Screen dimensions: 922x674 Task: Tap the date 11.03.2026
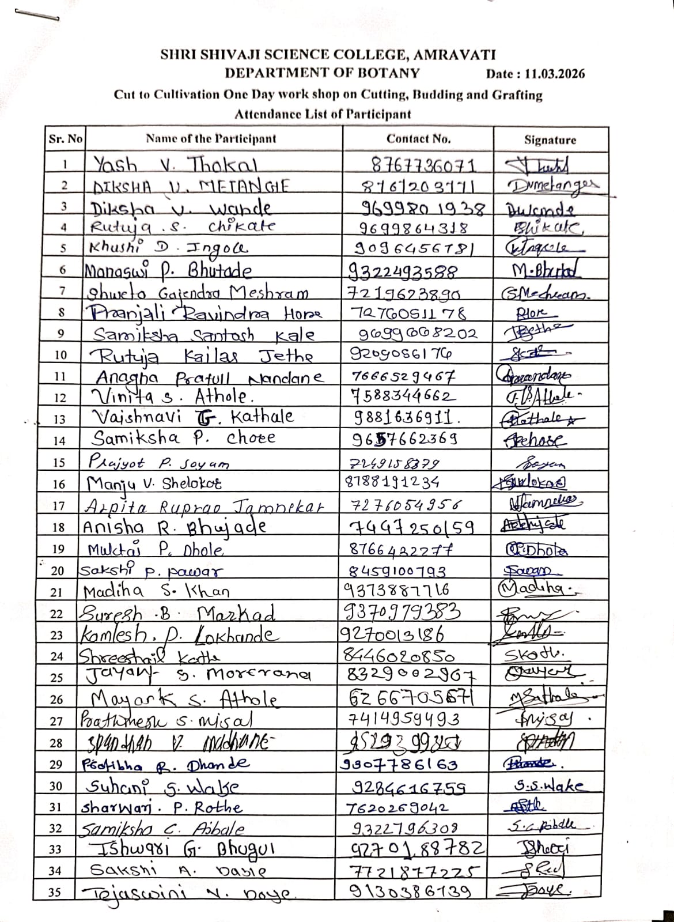554,74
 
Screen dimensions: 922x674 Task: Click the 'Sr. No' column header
65,139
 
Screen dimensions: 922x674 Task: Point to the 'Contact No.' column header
418,139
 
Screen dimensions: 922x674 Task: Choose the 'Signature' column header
550,139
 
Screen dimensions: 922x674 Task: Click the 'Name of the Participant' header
211,139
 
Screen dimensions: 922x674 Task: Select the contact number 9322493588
403,270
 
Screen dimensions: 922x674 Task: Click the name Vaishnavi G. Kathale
193,416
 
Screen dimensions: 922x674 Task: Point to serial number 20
57,571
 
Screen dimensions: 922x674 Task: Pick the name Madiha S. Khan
157,592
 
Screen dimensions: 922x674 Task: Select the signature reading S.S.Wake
548,785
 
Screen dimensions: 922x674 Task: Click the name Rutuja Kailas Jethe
205,355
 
